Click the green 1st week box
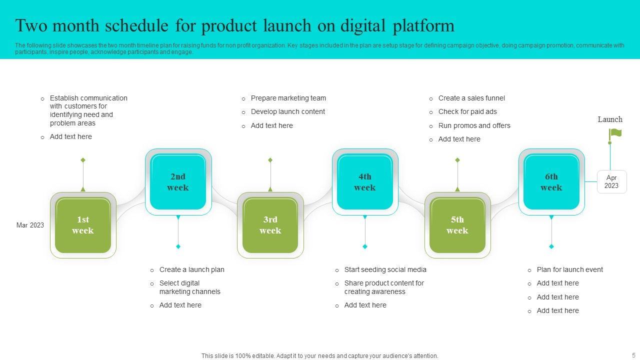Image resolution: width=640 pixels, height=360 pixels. [x=83, y=225]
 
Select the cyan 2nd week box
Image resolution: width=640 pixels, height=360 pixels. [x=178, y=182]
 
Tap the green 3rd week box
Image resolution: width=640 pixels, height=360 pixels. [x=270, y=225]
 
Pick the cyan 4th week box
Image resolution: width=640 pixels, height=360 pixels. [x=365, y=182]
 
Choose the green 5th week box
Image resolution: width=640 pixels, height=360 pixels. [x=457, y=225]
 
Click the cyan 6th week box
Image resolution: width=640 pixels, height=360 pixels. [x=551, y=182]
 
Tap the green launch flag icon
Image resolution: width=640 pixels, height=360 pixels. [x=615, y=133]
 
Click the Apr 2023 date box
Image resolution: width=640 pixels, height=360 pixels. [x=611, y=181]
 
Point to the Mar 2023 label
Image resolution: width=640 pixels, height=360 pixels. [x=30, y=225]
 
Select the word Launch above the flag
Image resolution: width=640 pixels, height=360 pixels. [x=610, y=119]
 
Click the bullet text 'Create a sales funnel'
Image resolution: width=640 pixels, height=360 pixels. [x=471, y=98]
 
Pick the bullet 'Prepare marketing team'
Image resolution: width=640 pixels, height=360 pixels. [x=288, y=98]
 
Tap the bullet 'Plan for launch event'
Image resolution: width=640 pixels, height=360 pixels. [x=569, y=269]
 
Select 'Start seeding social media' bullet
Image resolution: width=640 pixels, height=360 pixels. [x=385, y=269]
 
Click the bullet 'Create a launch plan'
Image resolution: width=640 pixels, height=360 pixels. [x=191, y=269]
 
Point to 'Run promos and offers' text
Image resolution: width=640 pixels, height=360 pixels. [x=474, y=125]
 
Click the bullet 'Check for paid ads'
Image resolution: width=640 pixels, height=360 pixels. [x=467, y=111]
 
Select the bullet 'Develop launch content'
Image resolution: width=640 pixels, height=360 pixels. [x=287, y=111]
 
